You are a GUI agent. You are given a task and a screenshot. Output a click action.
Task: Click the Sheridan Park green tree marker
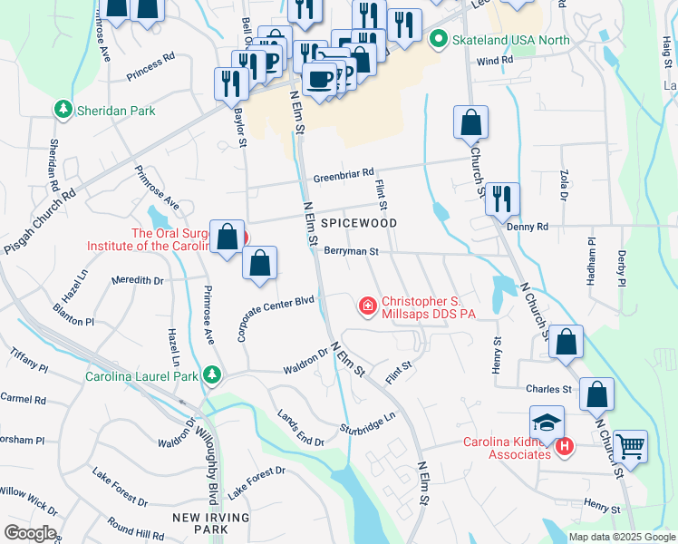(x=63, y=111)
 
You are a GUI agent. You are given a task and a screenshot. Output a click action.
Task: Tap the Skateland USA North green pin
(x=439, y=40)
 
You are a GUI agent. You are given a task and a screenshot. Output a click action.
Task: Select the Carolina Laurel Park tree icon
(x=211, y=374)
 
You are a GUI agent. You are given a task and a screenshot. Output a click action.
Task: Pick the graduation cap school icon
(x=547, y=423)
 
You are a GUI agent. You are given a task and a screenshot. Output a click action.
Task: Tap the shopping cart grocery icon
(x=630, y=446)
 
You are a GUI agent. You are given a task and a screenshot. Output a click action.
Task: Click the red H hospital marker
(x=564, y=446)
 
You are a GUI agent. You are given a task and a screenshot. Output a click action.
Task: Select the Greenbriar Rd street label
(x=344, y=173)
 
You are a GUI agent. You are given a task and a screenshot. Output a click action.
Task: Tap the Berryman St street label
(x=350, y=252)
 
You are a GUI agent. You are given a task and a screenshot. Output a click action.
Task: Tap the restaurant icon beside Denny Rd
(x=501, y=199)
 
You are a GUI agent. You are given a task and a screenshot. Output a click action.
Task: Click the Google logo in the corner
(x=30, y=533)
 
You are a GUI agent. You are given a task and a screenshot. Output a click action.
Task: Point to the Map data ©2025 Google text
(x=622, y=537)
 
